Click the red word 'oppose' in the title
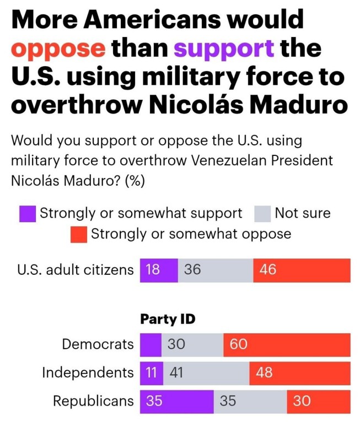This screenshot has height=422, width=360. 58,48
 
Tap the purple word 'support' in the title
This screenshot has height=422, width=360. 224,48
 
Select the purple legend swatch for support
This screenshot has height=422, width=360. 28,214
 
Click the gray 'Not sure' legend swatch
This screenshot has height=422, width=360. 262,214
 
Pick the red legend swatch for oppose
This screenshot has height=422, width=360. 79,234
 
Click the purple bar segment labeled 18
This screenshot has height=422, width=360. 159,270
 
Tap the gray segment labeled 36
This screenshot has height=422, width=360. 216,270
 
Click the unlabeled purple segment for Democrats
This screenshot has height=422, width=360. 151,345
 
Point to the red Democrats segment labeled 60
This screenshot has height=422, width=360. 287,345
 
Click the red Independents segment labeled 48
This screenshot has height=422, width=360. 299,373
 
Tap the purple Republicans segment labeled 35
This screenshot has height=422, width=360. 176,401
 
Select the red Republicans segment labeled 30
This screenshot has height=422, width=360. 318,401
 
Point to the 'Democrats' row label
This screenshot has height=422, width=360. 98,345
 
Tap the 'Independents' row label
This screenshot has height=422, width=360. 88,373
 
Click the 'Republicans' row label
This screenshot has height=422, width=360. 93,401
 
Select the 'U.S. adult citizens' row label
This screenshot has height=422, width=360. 76,270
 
